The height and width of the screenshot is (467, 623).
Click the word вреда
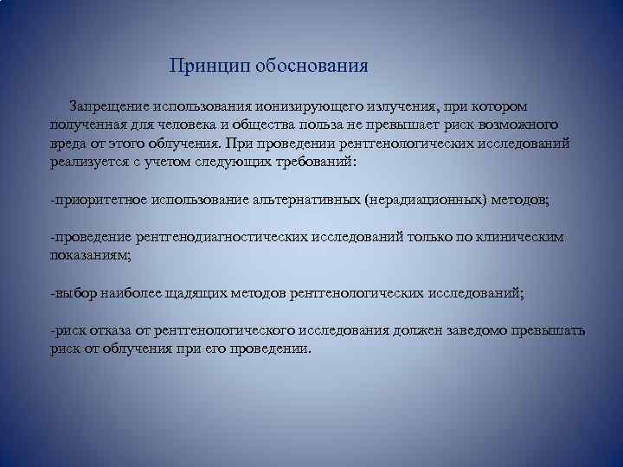pos(68,144)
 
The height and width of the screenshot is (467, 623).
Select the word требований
pos(305,162)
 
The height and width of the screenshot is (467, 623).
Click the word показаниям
pos(89,255)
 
